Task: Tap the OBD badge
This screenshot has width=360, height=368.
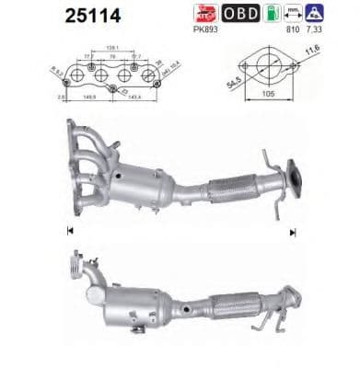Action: point(241,13)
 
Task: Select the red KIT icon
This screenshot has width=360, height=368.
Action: point(206,13)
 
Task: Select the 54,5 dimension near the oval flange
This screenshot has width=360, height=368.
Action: point(226,83)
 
